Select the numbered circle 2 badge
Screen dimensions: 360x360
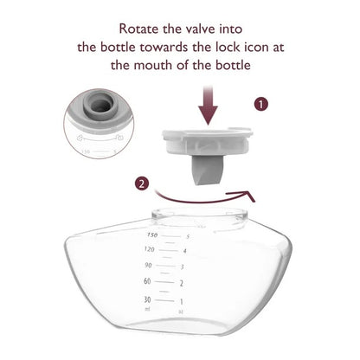[142, 183]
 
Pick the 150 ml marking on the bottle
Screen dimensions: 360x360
[152, 234]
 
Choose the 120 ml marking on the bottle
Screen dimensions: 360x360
[152, 249]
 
